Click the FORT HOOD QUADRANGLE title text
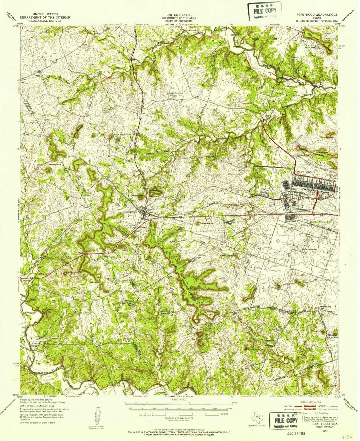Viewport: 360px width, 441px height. point(316,15)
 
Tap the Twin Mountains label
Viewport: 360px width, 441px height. point(121,135)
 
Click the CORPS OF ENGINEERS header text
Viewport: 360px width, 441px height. point(179,21)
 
